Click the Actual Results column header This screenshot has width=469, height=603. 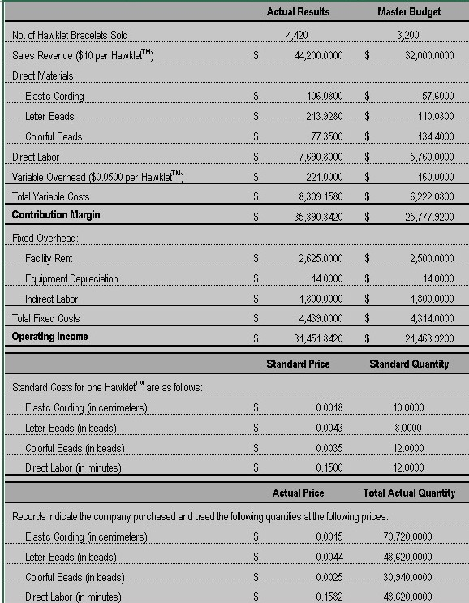pyautogui.click(x=298, y=12)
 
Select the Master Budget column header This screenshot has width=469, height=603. pyautogui.click(x=410, y=12)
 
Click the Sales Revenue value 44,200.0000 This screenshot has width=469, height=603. pyautogui.click(x=317, y=55)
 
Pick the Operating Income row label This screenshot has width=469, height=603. pyautogui.click(x=49, y=336)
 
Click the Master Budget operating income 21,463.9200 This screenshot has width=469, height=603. pyautogui.click(x=428, y=337)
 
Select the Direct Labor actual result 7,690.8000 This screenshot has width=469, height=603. pyautogui.click(x=319, y=157)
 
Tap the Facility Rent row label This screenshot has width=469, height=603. pyautogui.click(x=48, y=258)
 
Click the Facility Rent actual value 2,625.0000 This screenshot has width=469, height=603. pyautogui.click(x=319, y=258)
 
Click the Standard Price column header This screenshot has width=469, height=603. pyautogui.click(x=298, y=364)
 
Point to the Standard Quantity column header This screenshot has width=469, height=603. pyautogui.click(x=409, y=364)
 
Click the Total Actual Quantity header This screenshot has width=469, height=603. pyautogui.click(x=409, y=493)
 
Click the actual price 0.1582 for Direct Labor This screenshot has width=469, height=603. pyautogui.click(x=329, y=597)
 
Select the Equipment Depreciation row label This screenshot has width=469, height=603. pyautogui.click(x=71, y=278)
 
